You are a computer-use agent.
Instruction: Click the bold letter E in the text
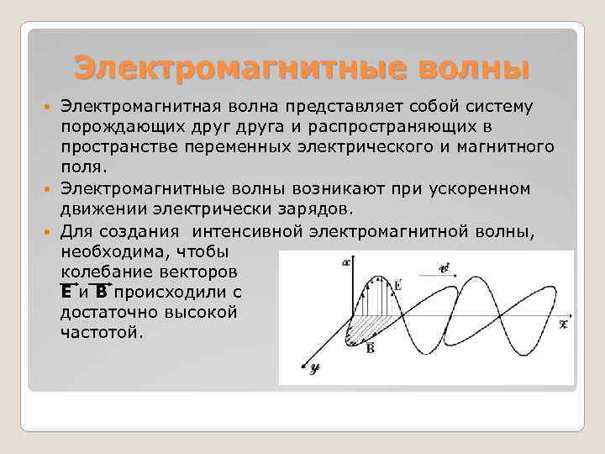tap(66, 292)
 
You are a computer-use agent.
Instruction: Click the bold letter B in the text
tap(101, 292)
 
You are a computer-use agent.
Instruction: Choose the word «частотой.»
tap(102, 331)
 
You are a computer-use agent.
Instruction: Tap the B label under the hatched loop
tap(371, 348)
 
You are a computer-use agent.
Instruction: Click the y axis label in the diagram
tap(313, 368)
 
